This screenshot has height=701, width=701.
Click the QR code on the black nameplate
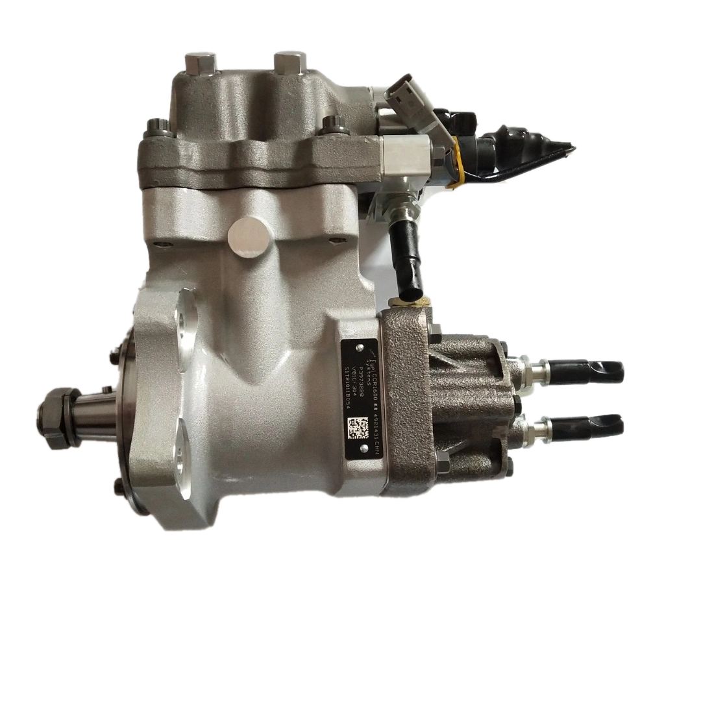(x=358, y=429)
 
